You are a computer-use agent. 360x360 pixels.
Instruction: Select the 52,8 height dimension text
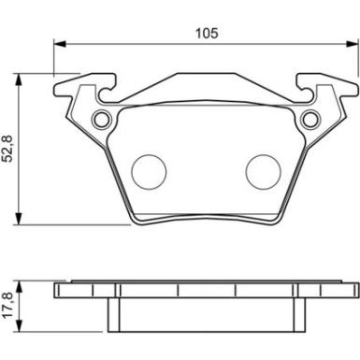[8, 149]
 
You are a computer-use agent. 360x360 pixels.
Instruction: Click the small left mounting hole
[101, 118]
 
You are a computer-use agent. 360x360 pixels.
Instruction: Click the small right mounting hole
[311, 118]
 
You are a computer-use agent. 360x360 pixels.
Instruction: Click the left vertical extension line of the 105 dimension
[54, 58]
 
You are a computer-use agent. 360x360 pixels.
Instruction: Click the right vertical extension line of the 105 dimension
[356, 58]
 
